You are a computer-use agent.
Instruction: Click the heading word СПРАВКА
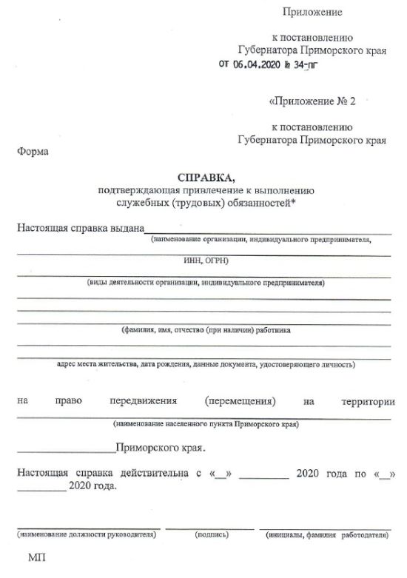click(x=206, y=178)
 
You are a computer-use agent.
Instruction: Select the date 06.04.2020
click(x=257, y=64)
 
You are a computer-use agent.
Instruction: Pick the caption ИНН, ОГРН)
click(x=206, y=261)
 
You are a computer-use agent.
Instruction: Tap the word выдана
click(x=124, y=227)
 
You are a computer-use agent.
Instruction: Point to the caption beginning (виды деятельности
click(x=206, y=282)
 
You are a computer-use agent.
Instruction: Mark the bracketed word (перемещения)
click(x=241, y=401)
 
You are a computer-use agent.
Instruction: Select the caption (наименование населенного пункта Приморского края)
click(x=206, y=425)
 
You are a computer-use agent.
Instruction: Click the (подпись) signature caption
click(x=211, y=533)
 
